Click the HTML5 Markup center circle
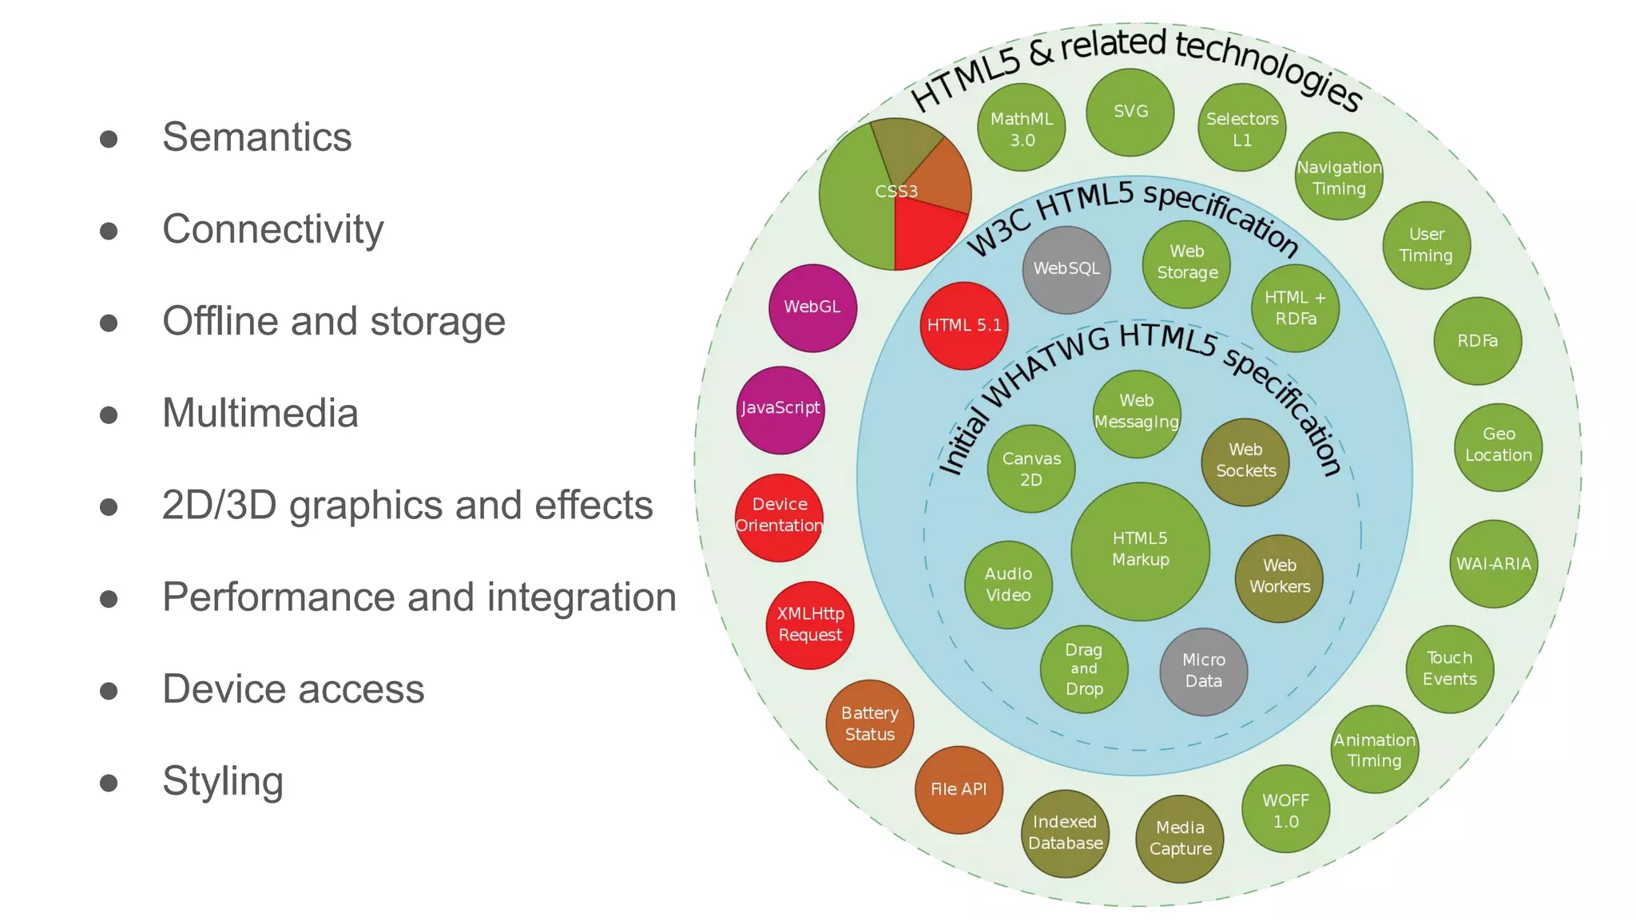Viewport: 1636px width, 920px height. tap(1140, 550)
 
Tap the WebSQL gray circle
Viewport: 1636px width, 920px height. tap(1066, 269)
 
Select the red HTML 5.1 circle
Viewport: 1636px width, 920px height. tap(964, 325)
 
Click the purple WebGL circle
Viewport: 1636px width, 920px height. tap(812, 307)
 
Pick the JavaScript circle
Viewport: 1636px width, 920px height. tap(780, 409)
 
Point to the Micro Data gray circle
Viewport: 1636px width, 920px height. tap(1203, 671)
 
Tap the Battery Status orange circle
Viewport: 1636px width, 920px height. tap(870, 724)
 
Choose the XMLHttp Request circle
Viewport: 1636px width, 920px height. tap(810, 625)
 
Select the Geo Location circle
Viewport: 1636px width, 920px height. tap(1498, 446)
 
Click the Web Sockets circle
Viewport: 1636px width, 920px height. tap(1245, 462)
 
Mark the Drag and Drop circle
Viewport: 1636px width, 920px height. tap(1084, 669)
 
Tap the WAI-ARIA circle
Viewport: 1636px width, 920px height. tap(1493, 564)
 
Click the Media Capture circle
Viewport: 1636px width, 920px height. tap(1180, 839)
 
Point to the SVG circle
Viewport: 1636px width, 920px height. tap(1130, 112)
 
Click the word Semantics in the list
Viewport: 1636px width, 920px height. tap(256, 137)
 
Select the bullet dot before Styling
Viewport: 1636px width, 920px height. tap(109, 783)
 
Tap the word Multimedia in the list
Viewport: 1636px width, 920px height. tap(260, 413)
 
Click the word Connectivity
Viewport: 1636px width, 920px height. tap(272, 229)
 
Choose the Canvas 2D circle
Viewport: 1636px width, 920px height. tap(1031, 469)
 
